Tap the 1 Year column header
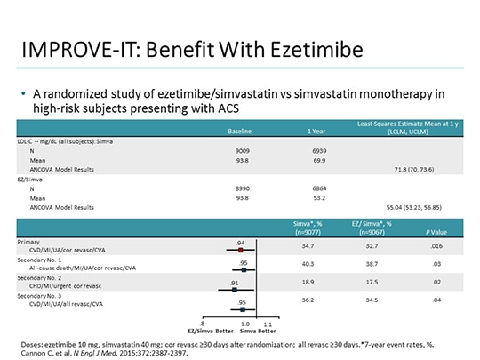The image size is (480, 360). (304, 132)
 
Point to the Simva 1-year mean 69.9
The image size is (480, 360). (304, 161)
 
